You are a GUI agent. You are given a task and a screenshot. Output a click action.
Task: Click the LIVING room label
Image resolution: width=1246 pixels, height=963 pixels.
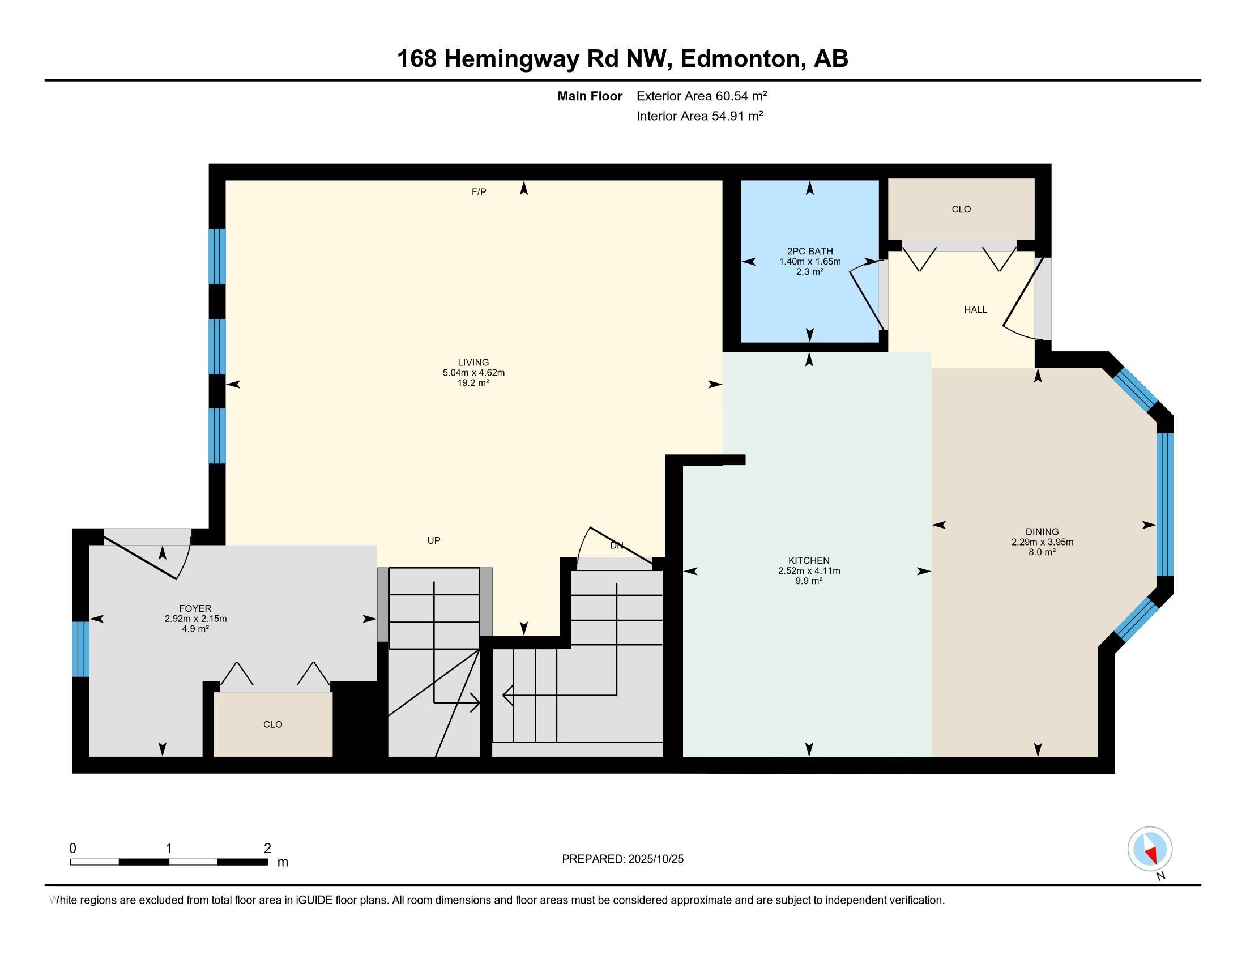tap(473, 363)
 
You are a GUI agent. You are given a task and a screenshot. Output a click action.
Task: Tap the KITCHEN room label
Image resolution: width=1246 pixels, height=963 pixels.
tap(809, 561)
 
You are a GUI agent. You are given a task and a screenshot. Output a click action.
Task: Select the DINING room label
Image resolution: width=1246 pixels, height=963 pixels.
tap(1042, 532)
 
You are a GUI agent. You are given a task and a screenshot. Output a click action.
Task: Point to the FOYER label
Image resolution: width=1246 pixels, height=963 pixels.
tap(195, 609)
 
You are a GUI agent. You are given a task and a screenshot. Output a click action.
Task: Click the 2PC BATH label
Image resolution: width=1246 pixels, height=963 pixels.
tap(809, 251)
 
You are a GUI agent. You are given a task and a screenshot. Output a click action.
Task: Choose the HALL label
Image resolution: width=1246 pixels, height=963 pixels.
tap(976, 310)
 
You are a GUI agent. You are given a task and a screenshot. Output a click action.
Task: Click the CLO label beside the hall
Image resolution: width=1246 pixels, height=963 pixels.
tap(961, 210)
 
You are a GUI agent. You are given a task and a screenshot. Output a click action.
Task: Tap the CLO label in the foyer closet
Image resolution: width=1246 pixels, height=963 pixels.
tap(273, 725)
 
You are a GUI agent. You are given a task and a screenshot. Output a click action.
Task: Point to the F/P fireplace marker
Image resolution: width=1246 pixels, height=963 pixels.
tap(479, 192)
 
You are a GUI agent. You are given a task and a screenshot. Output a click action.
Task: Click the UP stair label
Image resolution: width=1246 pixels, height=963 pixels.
tap(434, 540)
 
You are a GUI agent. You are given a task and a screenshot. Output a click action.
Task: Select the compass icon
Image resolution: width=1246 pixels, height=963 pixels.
tap(1150, 849)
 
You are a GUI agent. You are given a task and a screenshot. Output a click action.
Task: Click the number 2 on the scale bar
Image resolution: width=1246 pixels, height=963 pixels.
tap(267, 849)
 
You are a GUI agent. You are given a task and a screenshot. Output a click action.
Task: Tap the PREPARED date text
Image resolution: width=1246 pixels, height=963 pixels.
tap(622, 859)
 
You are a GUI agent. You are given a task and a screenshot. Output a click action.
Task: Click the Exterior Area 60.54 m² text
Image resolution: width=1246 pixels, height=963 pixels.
tap(702, 96)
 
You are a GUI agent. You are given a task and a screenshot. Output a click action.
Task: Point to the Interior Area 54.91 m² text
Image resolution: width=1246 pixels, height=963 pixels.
tap(700, 116)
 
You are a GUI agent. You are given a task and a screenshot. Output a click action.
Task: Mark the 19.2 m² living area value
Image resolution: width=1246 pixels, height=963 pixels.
tap(473, 383)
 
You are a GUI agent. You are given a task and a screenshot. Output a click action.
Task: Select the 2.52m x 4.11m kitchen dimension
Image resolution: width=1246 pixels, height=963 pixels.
tap(809, 571)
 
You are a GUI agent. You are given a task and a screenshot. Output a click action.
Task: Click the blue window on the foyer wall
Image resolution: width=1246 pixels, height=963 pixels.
tap(81, 649)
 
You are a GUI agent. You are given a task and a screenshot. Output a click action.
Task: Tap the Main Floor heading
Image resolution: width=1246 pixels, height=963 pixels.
tap(590, 96)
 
